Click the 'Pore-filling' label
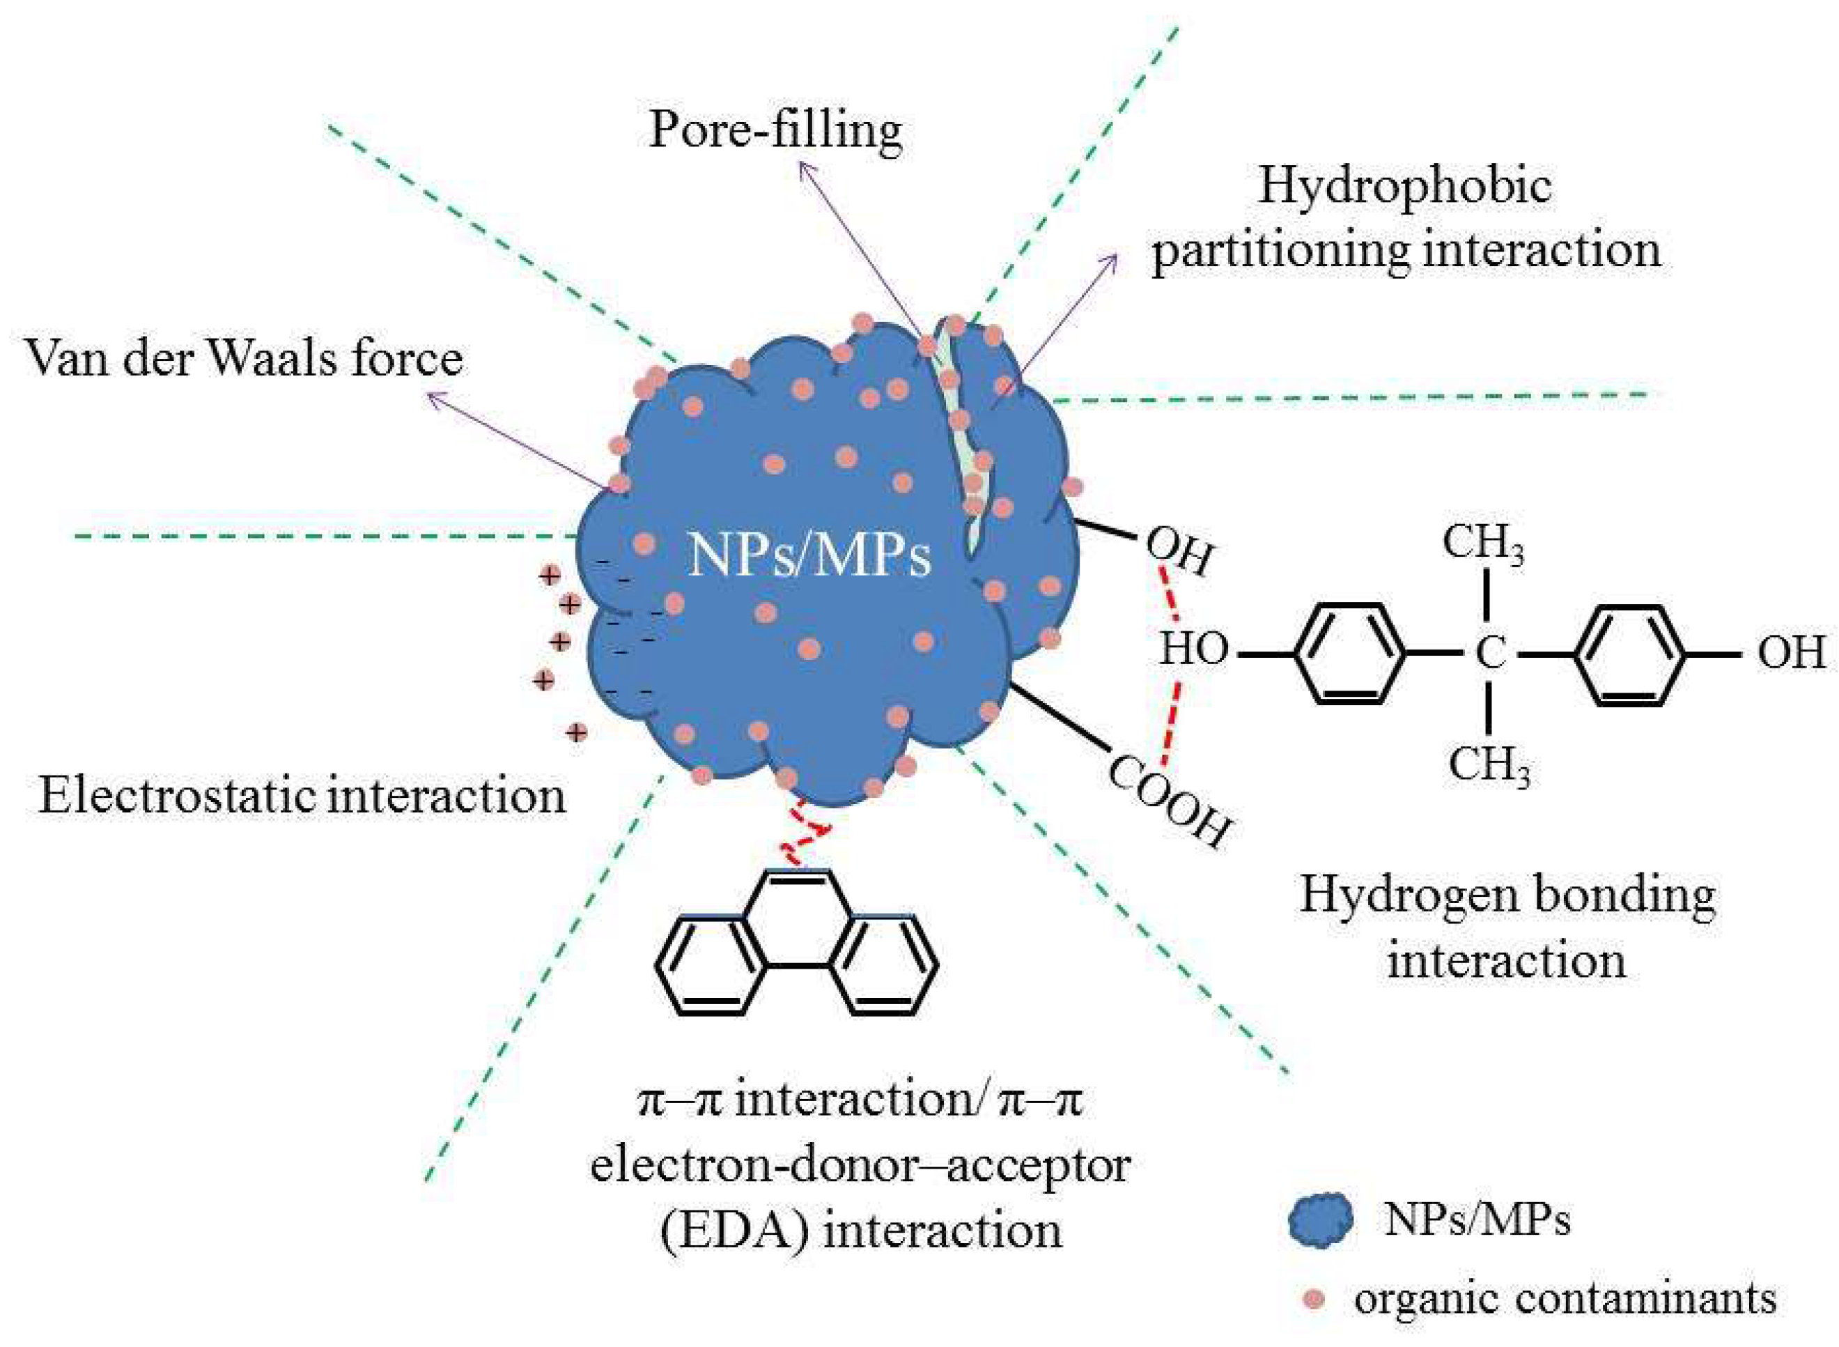tap(775, 130)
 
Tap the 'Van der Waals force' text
tap(245, 359)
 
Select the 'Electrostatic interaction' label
tap(302, 795)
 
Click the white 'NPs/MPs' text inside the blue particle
tap(809, 557)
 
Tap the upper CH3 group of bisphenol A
tap(1482, 542)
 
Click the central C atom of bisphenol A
tap(1490, 653)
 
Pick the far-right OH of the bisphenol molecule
tap(1790, 653)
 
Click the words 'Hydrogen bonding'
tap(1507, 895)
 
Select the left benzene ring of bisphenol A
tap(1350, 653)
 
